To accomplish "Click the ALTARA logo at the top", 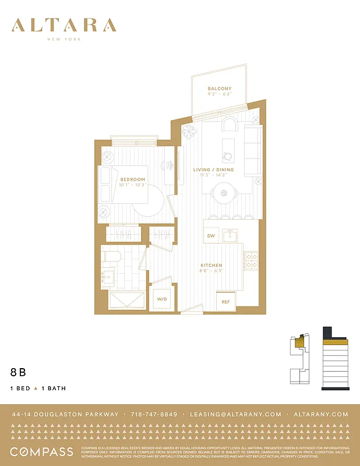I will (x=63, y=26).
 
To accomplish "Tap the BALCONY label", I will (x=220, y=89).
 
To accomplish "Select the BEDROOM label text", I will (x=132, y=180).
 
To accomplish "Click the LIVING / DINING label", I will (x=213, y=170).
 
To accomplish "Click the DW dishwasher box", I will (x=211, y=236).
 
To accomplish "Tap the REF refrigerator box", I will (x=225, y=302).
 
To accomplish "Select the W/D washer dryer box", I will (x=161, y=299).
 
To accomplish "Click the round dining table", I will (x=224, y=193).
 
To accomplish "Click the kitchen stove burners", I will (x=251, y=260).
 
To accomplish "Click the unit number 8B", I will (x=18, y=371).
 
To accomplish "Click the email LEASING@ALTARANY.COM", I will (x=235, y=414).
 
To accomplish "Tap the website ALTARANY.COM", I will (x=322, y=414).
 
